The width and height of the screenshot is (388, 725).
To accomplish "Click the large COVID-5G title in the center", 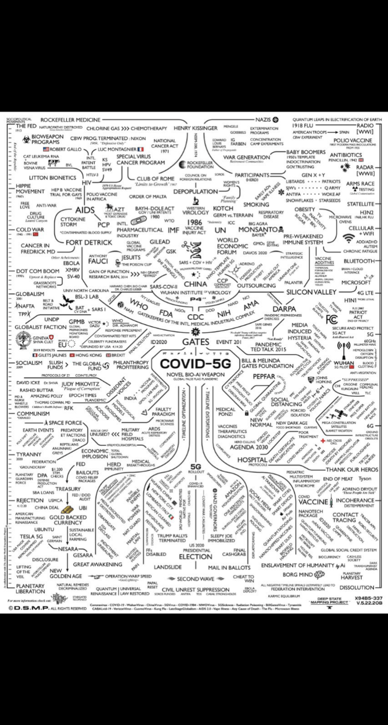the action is point(195,364).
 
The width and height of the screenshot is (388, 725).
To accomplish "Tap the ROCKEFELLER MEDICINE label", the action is point(70,120).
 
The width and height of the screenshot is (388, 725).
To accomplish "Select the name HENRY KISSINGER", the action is point(195,128).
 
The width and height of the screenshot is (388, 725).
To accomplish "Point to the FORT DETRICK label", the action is point(89,242).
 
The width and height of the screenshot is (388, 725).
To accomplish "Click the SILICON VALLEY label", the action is point(311,292).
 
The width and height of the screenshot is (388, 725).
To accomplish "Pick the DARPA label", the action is point(284,309).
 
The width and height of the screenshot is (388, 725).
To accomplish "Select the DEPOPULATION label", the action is point(195,191).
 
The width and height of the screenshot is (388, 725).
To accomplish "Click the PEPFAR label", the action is point(264,377).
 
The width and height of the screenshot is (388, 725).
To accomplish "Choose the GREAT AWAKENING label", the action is point(98,564).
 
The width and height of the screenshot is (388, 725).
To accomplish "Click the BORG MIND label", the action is point(298,574).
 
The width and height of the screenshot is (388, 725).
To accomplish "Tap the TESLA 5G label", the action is point(31,536).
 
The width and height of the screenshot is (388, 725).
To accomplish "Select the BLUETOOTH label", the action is point(359,261).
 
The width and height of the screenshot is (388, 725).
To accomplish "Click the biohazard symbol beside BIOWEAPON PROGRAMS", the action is point(26,139).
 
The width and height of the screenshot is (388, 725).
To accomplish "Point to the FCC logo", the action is point(332,319).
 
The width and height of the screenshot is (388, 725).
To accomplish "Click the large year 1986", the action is point(194,222).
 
